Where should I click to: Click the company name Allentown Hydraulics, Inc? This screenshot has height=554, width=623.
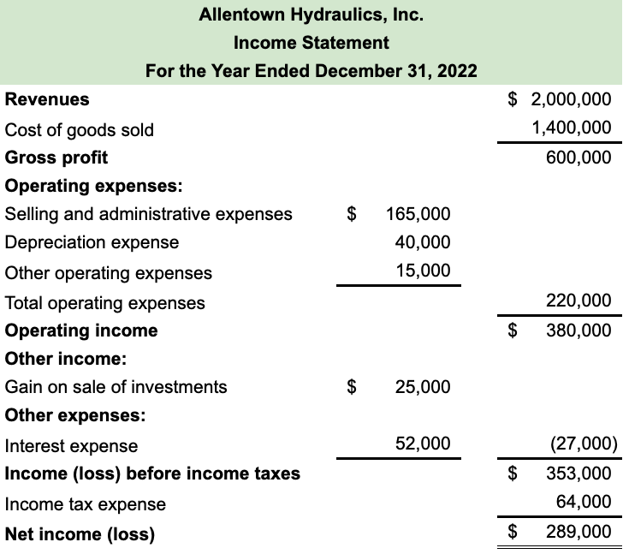[311, 15]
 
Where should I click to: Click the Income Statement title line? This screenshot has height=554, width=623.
[311, 42]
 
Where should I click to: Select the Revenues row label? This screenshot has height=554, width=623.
[47, 99]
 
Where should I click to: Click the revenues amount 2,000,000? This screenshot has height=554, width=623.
[571, 99]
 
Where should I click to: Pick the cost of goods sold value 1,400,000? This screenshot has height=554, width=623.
[571, 128]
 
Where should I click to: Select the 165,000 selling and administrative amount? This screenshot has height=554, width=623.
[418, 214]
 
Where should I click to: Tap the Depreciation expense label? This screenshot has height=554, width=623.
[92, 242]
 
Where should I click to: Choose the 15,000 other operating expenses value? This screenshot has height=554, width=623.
[423, 271]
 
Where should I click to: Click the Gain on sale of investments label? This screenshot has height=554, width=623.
[116, 387]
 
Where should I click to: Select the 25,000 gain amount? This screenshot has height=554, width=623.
[423, 387]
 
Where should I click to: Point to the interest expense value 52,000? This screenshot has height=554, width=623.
[423, 444]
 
